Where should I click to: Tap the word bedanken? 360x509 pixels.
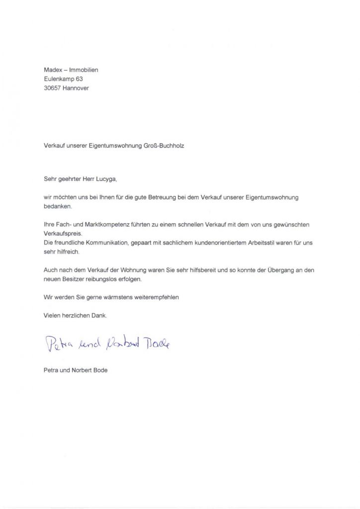click(58, 206)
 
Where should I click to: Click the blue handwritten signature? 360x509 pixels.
click(107, 342)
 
